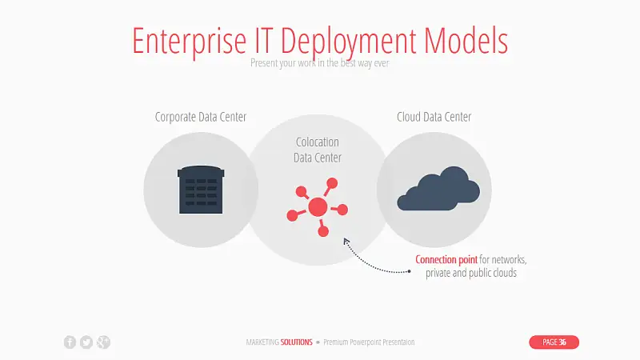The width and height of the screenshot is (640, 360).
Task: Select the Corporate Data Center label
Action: point(201,117)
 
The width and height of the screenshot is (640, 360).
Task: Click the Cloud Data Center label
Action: point(434,117)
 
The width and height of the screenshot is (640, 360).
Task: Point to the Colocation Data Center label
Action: point(318,150)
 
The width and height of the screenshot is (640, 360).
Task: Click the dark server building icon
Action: point(201,190)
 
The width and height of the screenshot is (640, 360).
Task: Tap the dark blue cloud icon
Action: point(438,189)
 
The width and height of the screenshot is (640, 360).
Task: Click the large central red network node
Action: point(318,207)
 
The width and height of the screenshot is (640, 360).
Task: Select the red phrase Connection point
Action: point(446,260)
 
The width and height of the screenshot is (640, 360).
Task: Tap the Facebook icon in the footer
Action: point(70,342)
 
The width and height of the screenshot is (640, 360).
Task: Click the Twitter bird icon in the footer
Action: point(86,342)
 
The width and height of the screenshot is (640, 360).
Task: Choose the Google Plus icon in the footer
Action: point(103,342)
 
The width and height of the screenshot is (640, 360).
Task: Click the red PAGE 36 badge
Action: point(554,342)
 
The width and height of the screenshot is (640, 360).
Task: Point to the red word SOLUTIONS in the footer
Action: point(297,342)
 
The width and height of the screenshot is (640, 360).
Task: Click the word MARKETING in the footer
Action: point(263,342)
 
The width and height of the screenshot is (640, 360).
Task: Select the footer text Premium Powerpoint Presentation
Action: point(370,342)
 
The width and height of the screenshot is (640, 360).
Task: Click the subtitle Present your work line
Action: point(319,62)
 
